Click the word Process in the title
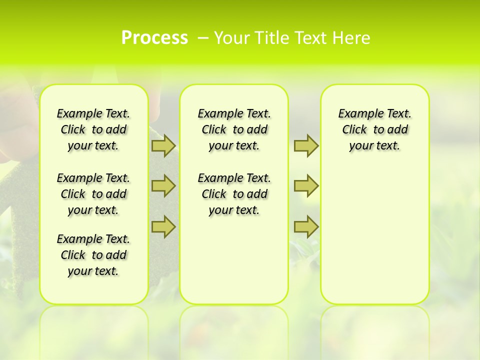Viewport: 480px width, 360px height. [154, 38]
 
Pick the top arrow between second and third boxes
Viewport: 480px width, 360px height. [306, 145]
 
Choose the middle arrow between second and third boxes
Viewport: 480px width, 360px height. [306, 186]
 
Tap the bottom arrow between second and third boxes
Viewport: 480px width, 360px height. [306, 226]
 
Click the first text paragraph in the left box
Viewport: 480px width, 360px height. [93, 129]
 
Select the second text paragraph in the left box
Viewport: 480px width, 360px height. [93, 194]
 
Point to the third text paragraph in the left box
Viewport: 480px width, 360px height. [93, 255]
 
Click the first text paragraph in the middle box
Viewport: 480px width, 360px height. [234, 129]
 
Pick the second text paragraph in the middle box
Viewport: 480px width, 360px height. [234, 194]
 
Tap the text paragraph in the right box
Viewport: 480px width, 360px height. [375, 129]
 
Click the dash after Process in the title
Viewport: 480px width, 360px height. [202, 38]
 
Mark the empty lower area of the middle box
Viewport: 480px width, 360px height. [234, 260]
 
